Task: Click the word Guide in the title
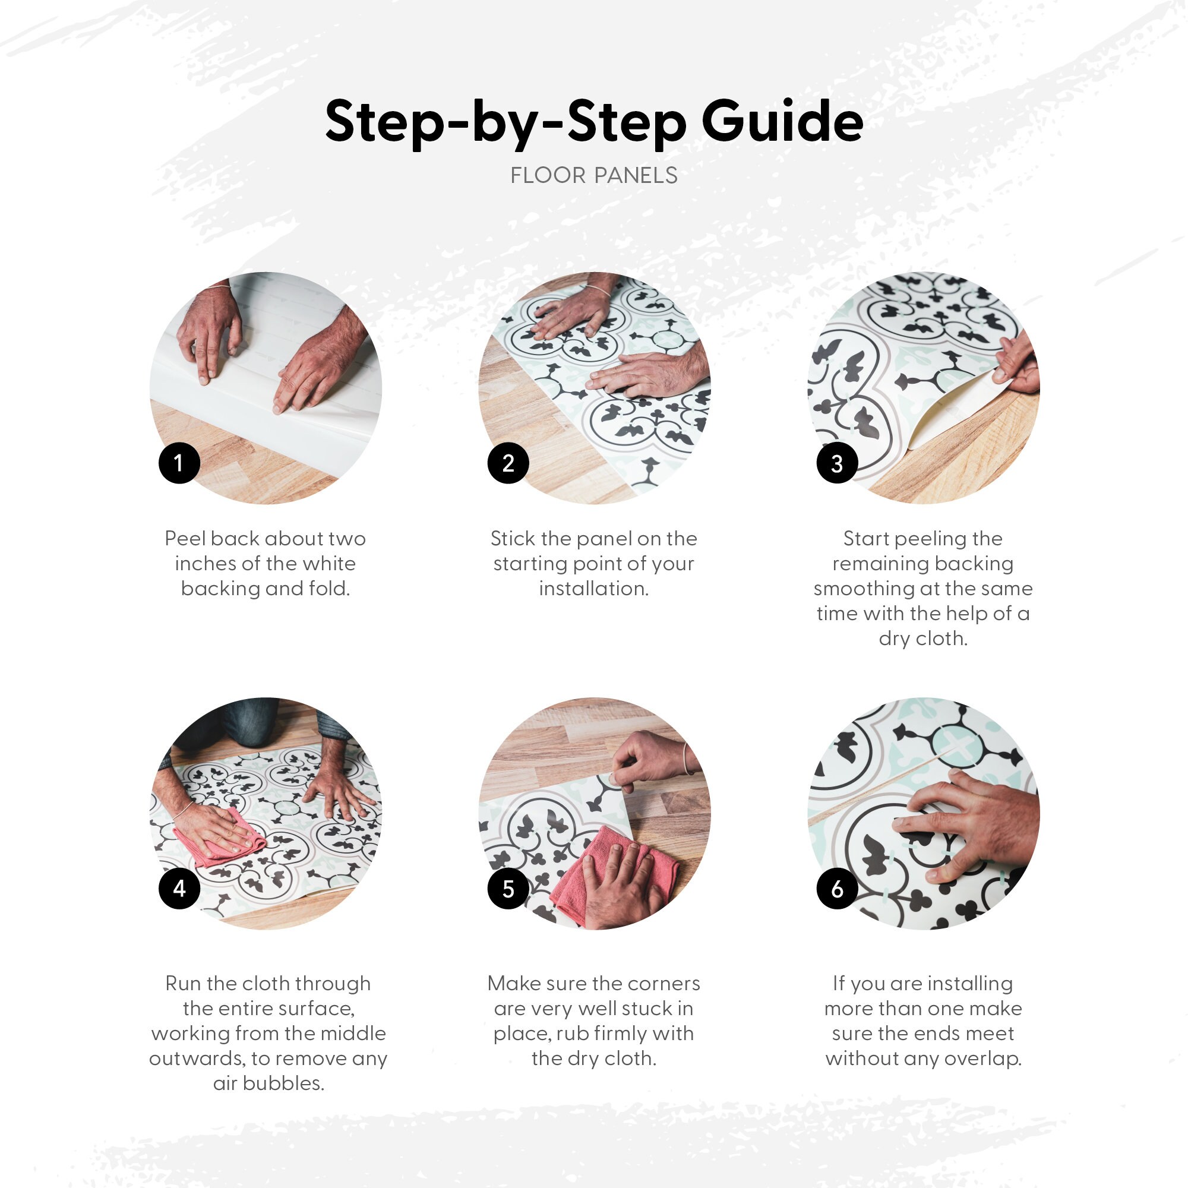point(782,121)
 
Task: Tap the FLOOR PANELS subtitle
point(594,176)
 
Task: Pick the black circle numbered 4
point(179,888)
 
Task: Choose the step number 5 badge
point(508,888)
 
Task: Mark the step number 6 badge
point(838,888)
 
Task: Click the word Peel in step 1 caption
point(185,539)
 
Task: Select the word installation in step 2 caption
point(594,589)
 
